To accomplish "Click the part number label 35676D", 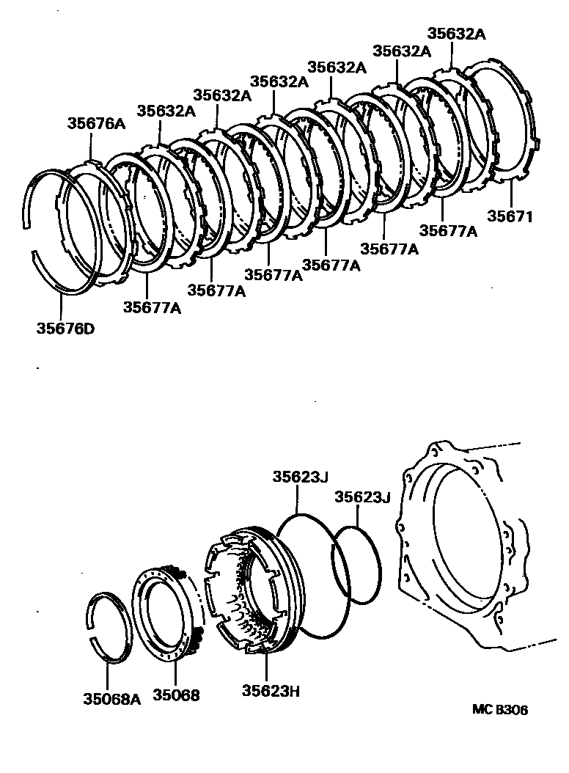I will [x=65, y=328].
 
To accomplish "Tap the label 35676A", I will [x=97, y=124].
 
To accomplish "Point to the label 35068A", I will [x=111, y=695].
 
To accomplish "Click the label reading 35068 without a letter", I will [x=176, y=695].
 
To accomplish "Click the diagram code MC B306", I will [x=499, y=710].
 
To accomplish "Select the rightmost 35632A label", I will [x=455, y=34].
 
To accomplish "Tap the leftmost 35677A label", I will [x=152, y=307].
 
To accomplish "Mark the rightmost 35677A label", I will [x=448, y=231].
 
